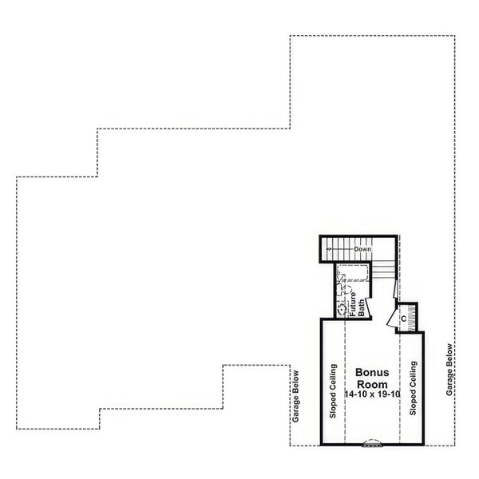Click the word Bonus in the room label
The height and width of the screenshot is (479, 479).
click(371, 373)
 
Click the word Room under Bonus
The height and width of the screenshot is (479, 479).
click(371, 384)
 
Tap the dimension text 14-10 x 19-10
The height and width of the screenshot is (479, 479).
click(371, 394)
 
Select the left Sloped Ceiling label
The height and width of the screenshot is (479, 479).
click(332, 390)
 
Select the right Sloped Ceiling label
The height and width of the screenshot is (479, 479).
click(413, 388)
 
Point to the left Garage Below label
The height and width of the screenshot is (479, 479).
click(295, 407)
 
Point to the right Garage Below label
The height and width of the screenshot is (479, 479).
click(450, 370)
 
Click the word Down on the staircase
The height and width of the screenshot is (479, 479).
click(363, 250)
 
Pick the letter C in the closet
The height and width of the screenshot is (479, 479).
click(404, 319)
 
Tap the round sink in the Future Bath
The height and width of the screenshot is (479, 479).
click(342, 306)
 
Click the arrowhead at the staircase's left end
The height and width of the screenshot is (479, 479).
click(329, 250)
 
